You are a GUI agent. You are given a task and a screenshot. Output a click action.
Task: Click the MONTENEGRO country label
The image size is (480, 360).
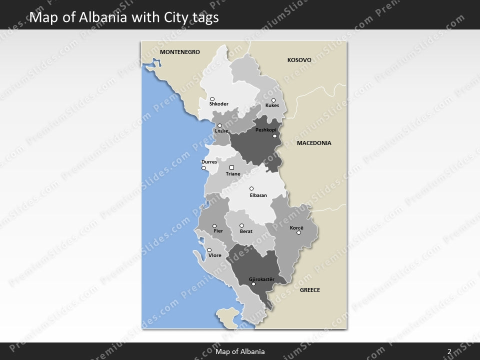click(x=179, y=52)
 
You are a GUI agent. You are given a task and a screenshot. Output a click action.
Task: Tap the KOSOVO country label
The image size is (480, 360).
click(x=299, y=60)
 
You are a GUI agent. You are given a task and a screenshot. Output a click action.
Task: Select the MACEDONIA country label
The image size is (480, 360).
click(x=314, y=143)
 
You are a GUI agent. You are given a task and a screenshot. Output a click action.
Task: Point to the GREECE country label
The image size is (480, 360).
click(x=309, y=290)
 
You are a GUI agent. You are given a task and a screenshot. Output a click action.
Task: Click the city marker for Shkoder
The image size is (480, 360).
click(x=212, y=99)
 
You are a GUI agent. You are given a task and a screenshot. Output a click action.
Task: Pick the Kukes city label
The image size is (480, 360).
click(x=272, y=105)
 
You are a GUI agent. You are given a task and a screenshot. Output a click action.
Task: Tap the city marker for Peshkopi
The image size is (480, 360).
click(x=274, y=135)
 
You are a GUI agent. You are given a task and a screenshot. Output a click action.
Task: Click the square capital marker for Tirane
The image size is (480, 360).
click(x=231, y=167)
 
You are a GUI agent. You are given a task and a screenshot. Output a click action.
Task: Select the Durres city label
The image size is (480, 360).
click(x=209, y=162)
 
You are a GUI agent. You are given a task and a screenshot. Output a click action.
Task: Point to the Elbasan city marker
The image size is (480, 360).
click(x=251, y=188)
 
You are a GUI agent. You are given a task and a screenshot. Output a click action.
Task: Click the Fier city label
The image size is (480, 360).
click(x=218, y=231)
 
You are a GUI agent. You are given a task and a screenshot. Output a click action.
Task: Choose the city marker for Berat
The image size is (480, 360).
click(x=241, y=225)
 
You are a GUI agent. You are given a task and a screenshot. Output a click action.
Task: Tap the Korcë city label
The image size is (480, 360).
click(x=296, y=227)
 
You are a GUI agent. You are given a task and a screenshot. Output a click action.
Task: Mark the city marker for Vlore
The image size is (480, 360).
click(x=209, y=250)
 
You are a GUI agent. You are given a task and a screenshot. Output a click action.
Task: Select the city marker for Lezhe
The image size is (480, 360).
click(x=219, y=125)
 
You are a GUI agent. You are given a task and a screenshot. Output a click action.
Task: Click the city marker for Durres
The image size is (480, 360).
click(x=203, y=168)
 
